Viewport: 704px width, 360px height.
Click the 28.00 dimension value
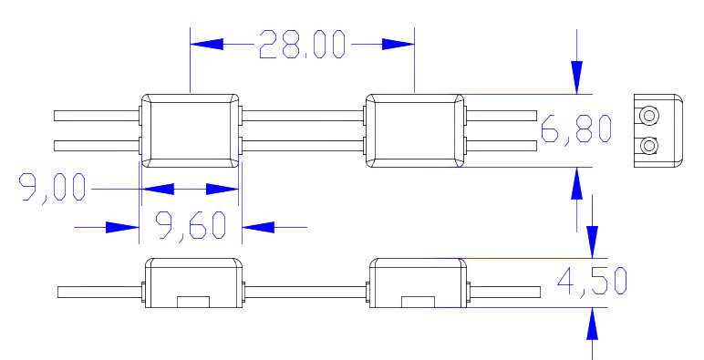click(302, 44)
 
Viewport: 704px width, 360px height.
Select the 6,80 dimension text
click(575, 130)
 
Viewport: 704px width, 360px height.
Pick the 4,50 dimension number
click(592, 282)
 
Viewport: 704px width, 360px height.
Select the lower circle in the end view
click(648, 146)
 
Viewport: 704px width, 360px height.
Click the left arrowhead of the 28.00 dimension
click(206, 44)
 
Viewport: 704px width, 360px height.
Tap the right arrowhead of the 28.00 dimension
click(398, 44)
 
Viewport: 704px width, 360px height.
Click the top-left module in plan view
click(189, 129)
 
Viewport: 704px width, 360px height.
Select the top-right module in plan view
click(415, 129)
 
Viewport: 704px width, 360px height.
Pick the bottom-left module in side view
click(193, 283)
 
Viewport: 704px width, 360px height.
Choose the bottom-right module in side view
click(419, 283)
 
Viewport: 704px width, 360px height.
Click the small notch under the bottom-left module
click(192, 300)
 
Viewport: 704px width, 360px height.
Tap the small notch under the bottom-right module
click(419, 300)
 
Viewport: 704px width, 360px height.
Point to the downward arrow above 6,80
click(576, 77)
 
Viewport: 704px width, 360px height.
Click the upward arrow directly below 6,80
click(576, 184)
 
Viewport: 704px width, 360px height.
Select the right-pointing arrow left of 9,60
click(122, 226)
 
